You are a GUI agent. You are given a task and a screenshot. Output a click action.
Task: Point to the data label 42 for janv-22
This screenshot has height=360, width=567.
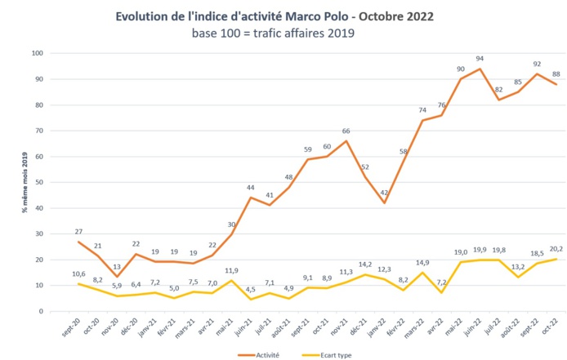click(x=383, y=193)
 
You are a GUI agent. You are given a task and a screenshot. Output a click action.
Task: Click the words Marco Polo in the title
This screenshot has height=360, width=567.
click(x=322, y=16)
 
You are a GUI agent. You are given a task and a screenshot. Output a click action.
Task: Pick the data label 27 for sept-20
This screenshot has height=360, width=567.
click(x=78, y=233)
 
